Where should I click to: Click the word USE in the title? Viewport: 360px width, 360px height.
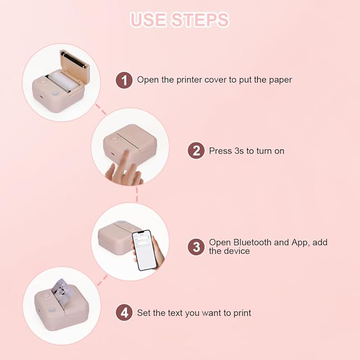click(x=148, y=20)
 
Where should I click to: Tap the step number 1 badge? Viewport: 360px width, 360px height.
click(x=124, y=80)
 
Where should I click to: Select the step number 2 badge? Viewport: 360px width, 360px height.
click(x=196, y=151)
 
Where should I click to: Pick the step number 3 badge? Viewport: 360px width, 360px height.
click(x=196, y=247)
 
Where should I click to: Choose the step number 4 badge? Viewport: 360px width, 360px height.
click(x=124, y=313)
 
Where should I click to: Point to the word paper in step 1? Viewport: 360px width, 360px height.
click(x=279, y=80)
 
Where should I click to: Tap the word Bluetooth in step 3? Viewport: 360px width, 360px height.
click(x=251, y=242)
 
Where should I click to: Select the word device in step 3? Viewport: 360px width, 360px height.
click(x=236, y=251)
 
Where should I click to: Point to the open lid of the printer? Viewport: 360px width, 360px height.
click(x=74, y=62)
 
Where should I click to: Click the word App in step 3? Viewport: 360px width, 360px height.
click(x=298, y=242)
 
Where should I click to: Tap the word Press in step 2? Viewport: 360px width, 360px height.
click(x=220, y=151)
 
